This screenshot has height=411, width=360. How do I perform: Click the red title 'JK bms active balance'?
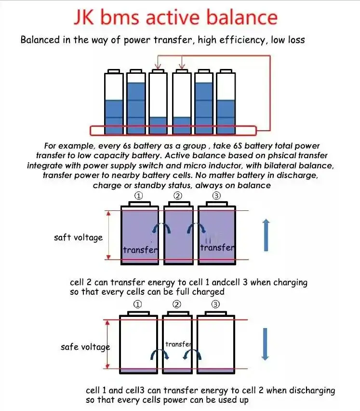click(x=175, y=17)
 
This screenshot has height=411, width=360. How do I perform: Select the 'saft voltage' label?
click(x=78, y=237)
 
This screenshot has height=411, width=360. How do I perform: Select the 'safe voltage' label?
click(x=85, y=347)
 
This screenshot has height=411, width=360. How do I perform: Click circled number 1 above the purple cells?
click(x=139, y=196)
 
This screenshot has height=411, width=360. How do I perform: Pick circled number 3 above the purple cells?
click(x=216, y=196)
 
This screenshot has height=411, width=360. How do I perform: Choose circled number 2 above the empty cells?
click(x=177, y=304)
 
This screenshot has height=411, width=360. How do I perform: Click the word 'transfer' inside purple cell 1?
click(x=140, y=249)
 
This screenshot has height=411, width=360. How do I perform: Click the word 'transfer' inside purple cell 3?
click(x=217, y=247)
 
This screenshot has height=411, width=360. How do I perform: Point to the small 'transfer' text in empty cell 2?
click(x=178, y=344)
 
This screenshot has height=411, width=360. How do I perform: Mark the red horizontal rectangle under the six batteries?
click(x=173, y=130)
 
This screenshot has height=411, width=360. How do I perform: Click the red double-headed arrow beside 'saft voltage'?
click(x=109, y=235)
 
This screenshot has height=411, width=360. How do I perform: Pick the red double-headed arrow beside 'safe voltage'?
click(x=109, y=344)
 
